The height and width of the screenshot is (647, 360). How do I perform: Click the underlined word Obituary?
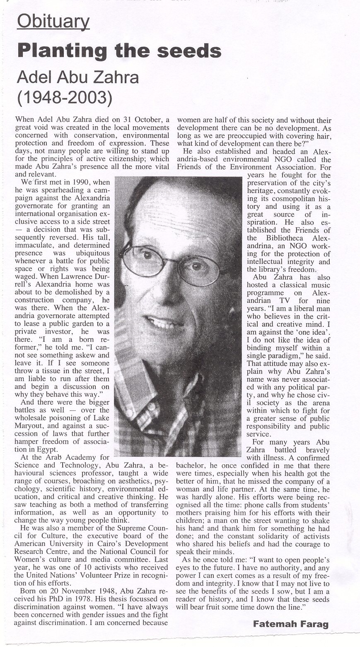[53, 22]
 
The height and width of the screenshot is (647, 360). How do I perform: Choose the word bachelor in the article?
[192, 466]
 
